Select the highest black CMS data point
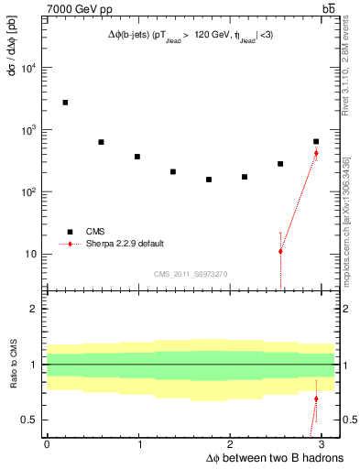(x=65, y=103)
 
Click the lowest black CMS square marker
(x=209, y=180)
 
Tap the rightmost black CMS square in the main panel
(x=316, y=142)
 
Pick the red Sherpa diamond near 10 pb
(x=280, y=251)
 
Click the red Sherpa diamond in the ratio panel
(x=316, y=399)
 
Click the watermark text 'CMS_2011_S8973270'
(x=190, y=274)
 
